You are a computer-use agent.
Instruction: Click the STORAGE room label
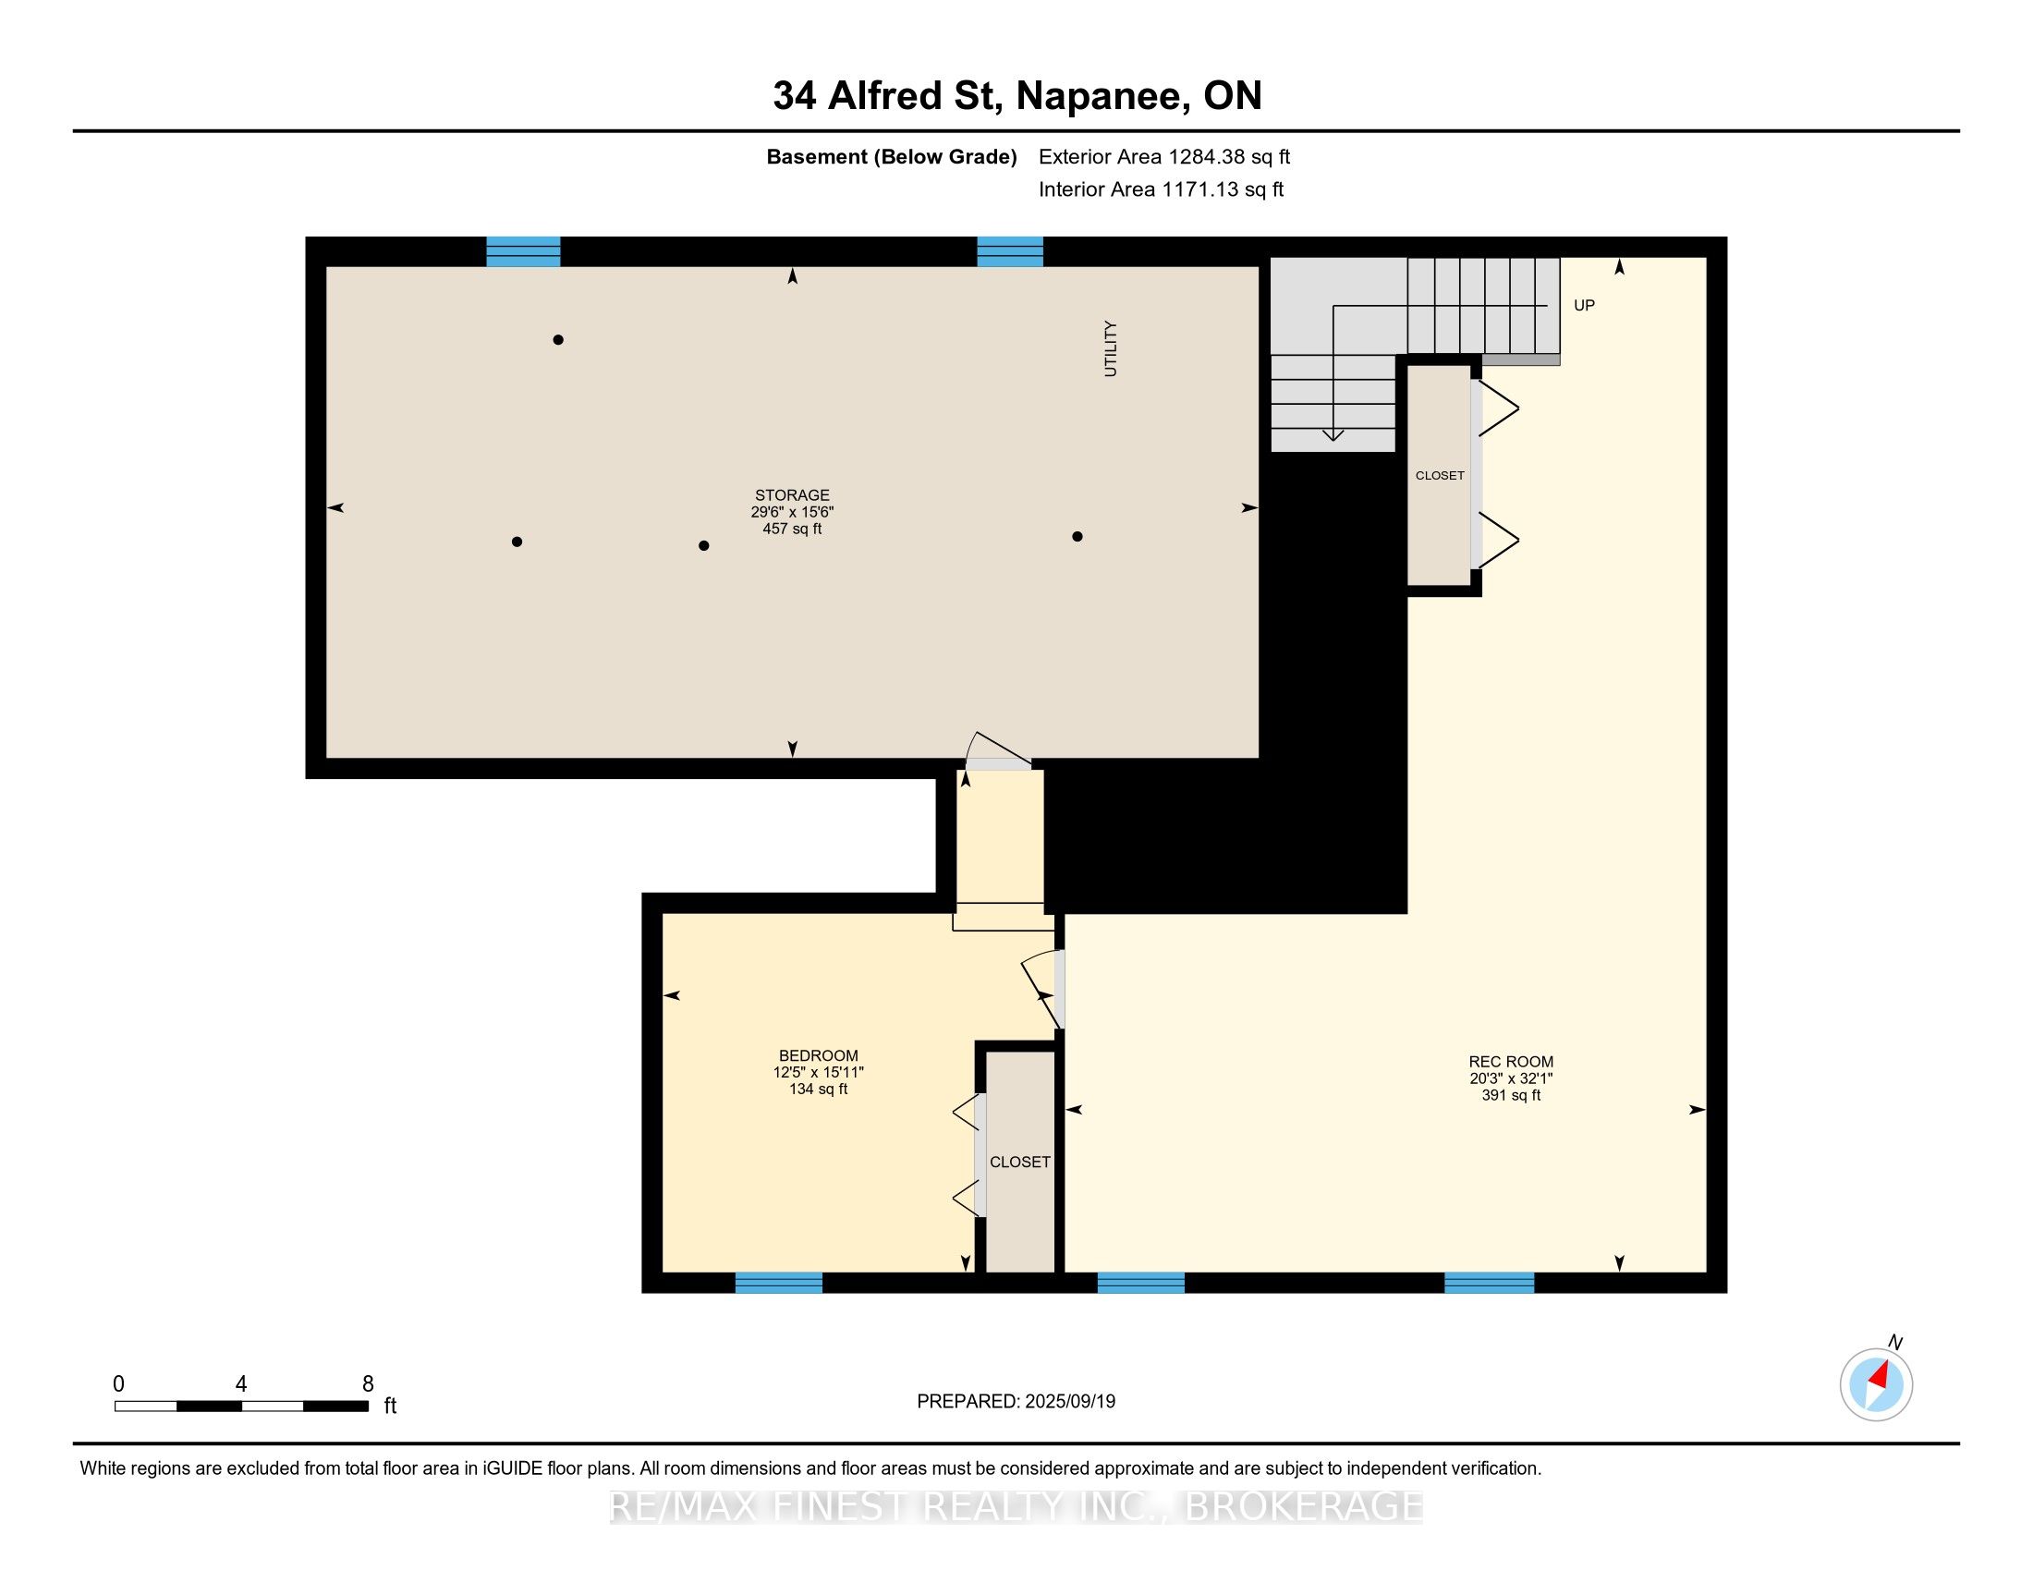pos(791,495)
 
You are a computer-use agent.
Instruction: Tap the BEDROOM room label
pos(818,1055)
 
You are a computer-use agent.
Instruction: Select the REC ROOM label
pos(1511,1062)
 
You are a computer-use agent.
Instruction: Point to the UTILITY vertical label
pos(1110,349)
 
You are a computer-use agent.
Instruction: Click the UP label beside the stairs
pos(1583,305)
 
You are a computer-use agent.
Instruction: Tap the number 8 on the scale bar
pos(368,1384)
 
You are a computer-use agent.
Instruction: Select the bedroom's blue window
pos(778,1283)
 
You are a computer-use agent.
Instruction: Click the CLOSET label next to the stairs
pos(1439,476)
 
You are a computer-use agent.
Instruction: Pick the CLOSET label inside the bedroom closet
pos(1019,1162)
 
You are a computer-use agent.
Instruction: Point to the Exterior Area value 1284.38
pos(1208,156)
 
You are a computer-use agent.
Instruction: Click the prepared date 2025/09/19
pos(1068,1401)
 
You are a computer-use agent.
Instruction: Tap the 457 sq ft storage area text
pos(791,529)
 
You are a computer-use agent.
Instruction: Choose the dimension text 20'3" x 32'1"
pos(1511,1078)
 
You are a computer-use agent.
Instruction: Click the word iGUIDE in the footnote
pos(512,1468)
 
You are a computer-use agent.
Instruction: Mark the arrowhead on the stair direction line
pos(1333,434)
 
